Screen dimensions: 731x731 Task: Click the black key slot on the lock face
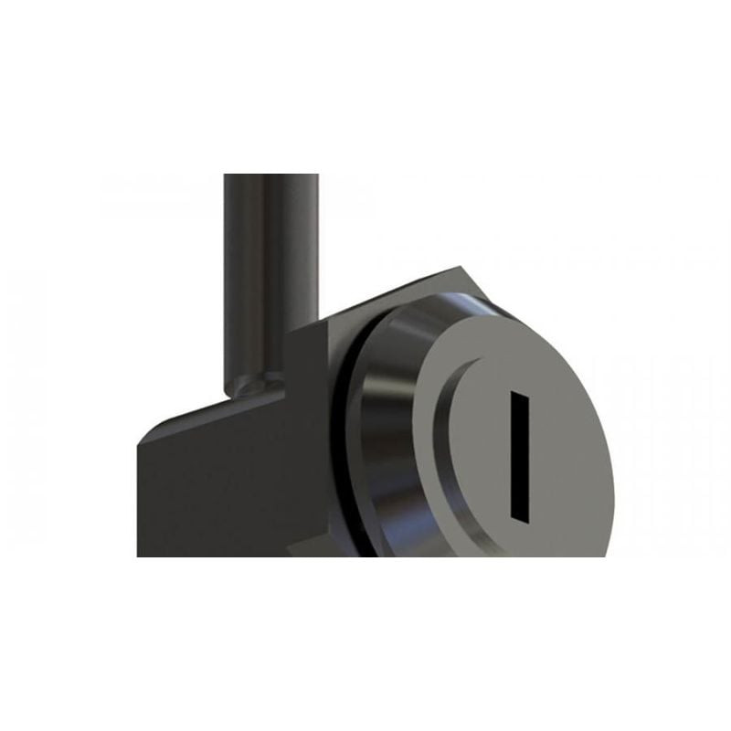pyautogui.click(x=519, y=457)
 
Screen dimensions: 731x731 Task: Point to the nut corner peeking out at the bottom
pyautogui.click(x=302, y=548)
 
